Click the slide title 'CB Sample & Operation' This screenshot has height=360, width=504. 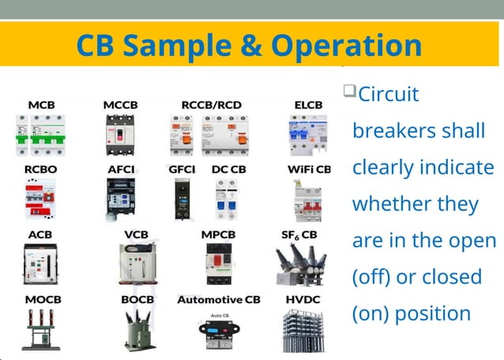click(249, 45)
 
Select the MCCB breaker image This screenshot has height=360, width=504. click(120, 133)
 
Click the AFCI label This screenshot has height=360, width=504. click(122, 170)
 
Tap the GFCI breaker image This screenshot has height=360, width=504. click(182, 198)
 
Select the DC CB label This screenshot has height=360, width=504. click(229, 170)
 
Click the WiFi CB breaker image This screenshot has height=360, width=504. click(308, 198)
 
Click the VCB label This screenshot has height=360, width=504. click(136, 234)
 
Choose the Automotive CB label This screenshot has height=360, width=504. click(218, 300)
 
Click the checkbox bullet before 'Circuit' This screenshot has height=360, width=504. click(349, 92)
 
